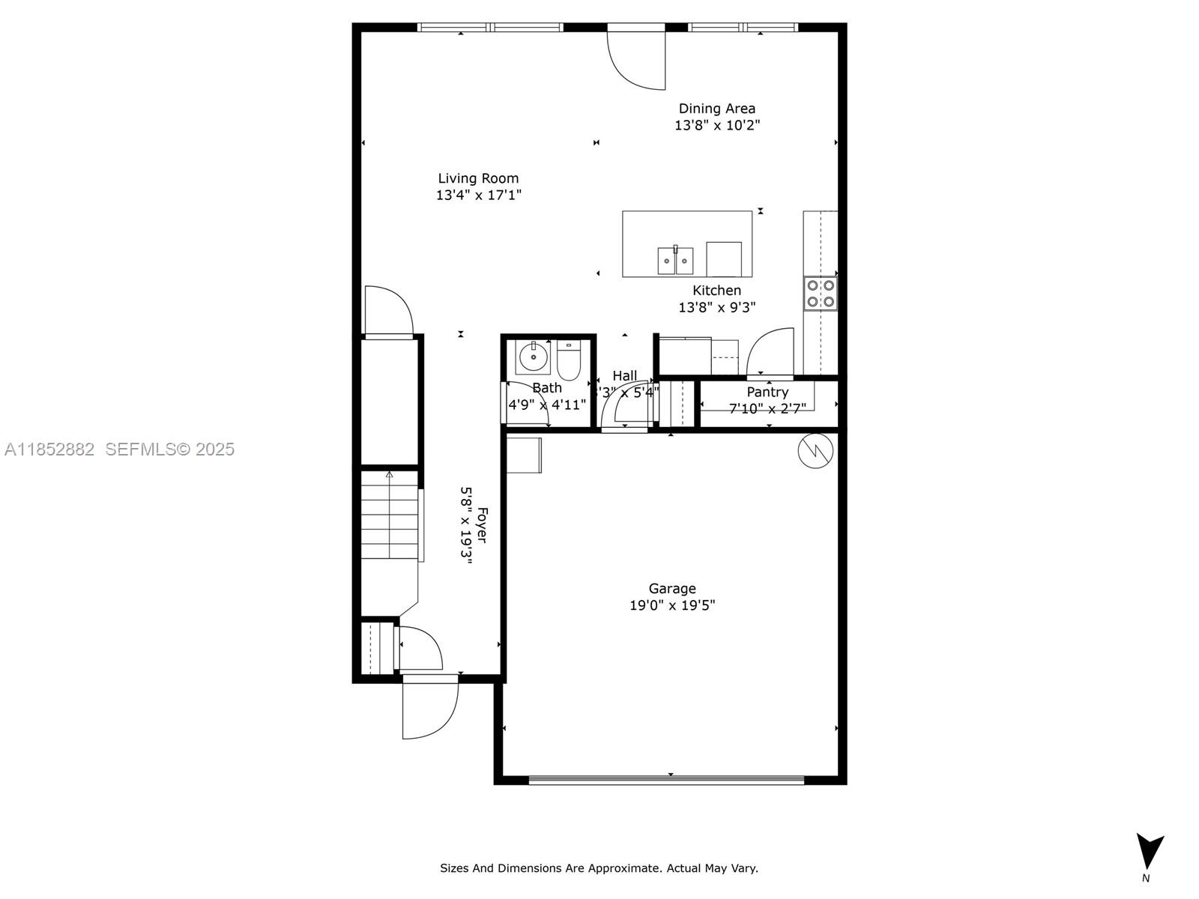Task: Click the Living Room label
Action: tap(478, 178)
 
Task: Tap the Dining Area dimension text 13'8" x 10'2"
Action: tap(717, 125)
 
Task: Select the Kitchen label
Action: tap(717, 290)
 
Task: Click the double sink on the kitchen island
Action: tap(675, 261)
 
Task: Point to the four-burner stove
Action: tap(821, 293)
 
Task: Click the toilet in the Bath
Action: tap(569, 361)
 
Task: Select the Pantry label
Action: tap(767, 392)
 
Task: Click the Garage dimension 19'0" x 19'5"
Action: tap(672, 605)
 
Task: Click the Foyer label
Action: tap(482, 525)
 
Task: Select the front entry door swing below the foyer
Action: tap(429, 708)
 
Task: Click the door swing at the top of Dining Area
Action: tap(637, 58)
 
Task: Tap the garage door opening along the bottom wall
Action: tap(666, 780)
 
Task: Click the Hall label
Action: tap(624, 375)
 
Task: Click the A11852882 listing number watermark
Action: tap(49, 449)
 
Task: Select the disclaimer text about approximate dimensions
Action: tap(599, 868)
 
